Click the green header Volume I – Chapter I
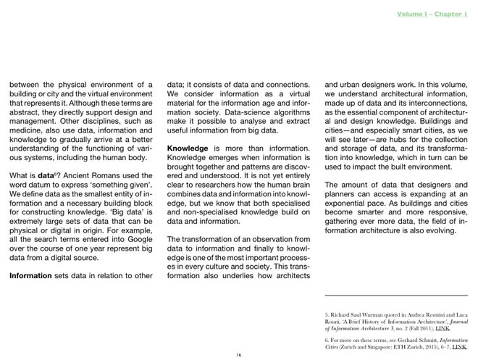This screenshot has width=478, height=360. pyautogui.click(x=432, y=15)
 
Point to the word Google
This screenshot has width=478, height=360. pyautogui.click(x=136, y=238)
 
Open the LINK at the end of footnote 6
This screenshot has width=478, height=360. pyautogui.click(x=459, y=346)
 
